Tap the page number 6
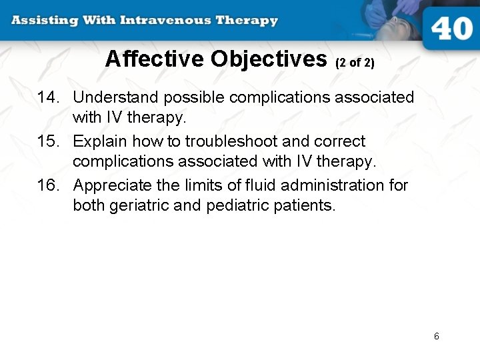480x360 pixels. pos(437,336)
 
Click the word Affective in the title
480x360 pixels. pos(155,59)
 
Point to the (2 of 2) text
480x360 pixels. pos(355,63)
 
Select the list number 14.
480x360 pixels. pos(49,97)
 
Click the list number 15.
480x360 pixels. pos(49,141)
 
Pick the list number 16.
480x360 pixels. pos(49,185)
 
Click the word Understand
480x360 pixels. pos(116,97)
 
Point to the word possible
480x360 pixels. pos(194,98)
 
